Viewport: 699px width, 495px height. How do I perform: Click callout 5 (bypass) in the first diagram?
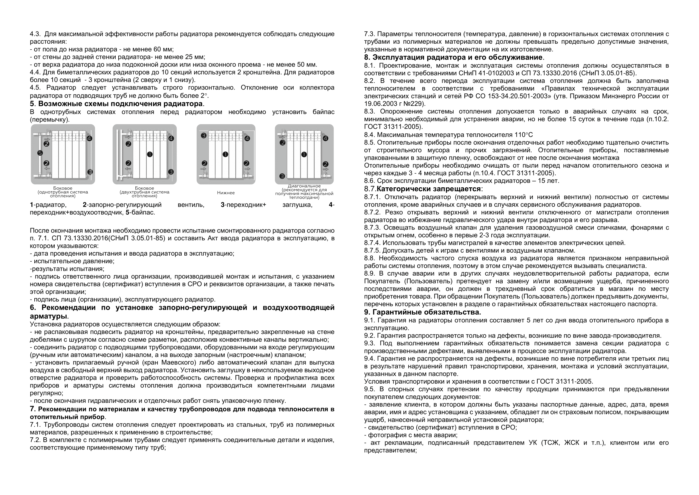[40, 153]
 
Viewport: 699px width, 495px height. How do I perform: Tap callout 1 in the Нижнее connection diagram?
[225, 154]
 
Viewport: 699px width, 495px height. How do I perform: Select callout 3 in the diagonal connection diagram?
[282, 176]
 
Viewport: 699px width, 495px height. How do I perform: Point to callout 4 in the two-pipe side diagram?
[171, 138]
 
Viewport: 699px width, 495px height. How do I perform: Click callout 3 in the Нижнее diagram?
[204, 136]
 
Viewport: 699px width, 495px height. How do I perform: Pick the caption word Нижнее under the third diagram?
[226, 193]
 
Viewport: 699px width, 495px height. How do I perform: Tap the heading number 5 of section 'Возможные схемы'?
[32, 104]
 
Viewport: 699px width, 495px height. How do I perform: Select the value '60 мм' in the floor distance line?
[163, 49]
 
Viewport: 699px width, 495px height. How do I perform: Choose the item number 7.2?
[35, 440]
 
